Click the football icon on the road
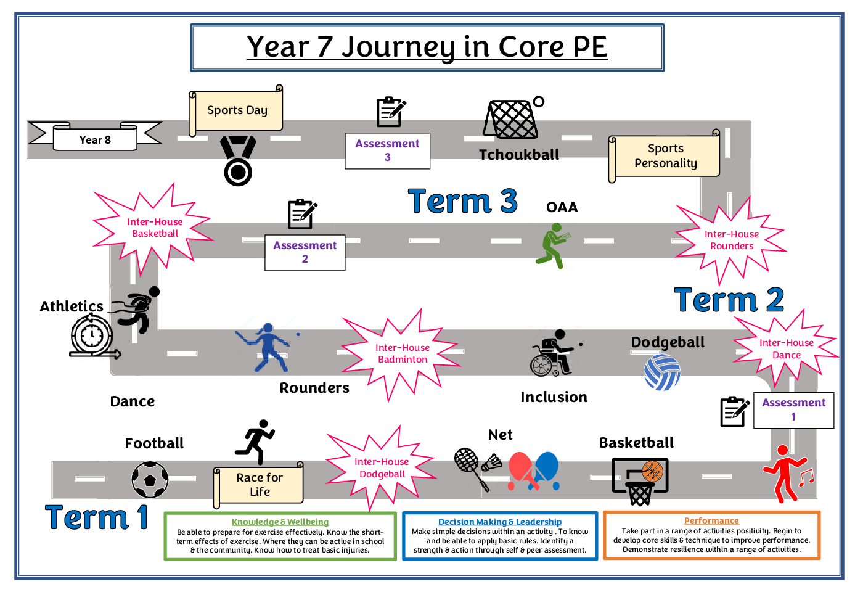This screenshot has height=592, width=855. [150, 480]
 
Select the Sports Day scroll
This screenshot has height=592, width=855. [237, 110]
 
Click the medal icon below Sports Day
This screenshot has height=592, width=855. [238, 162]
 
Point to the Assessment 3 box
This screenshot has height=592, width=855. [387, 150]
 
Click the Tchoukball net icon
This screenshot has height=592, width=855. [511, 119]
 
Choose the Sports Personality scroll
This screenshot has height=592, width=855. [665, 156]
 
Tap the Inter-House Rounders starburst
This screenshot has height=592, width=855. [731, 240]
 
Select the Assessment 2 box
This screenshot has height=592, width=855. [305, 252]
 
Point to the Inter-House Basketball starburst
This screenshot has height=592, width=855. [155, 228]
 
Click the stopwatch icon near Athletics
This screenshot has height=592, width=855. [92, 336]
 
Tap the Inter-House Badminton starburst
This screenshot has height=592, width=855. [402, 353]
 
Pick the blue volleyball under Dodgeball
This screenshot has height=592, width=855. [662, 372]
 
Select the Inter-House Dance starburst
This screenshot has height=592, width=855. [786, 349]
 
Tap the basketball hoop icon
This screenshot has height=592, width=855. [640, 481]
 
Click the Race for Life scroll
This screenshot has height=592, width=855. [260, 485]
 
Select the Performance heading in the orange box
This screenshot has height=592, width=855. [711, 520]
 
